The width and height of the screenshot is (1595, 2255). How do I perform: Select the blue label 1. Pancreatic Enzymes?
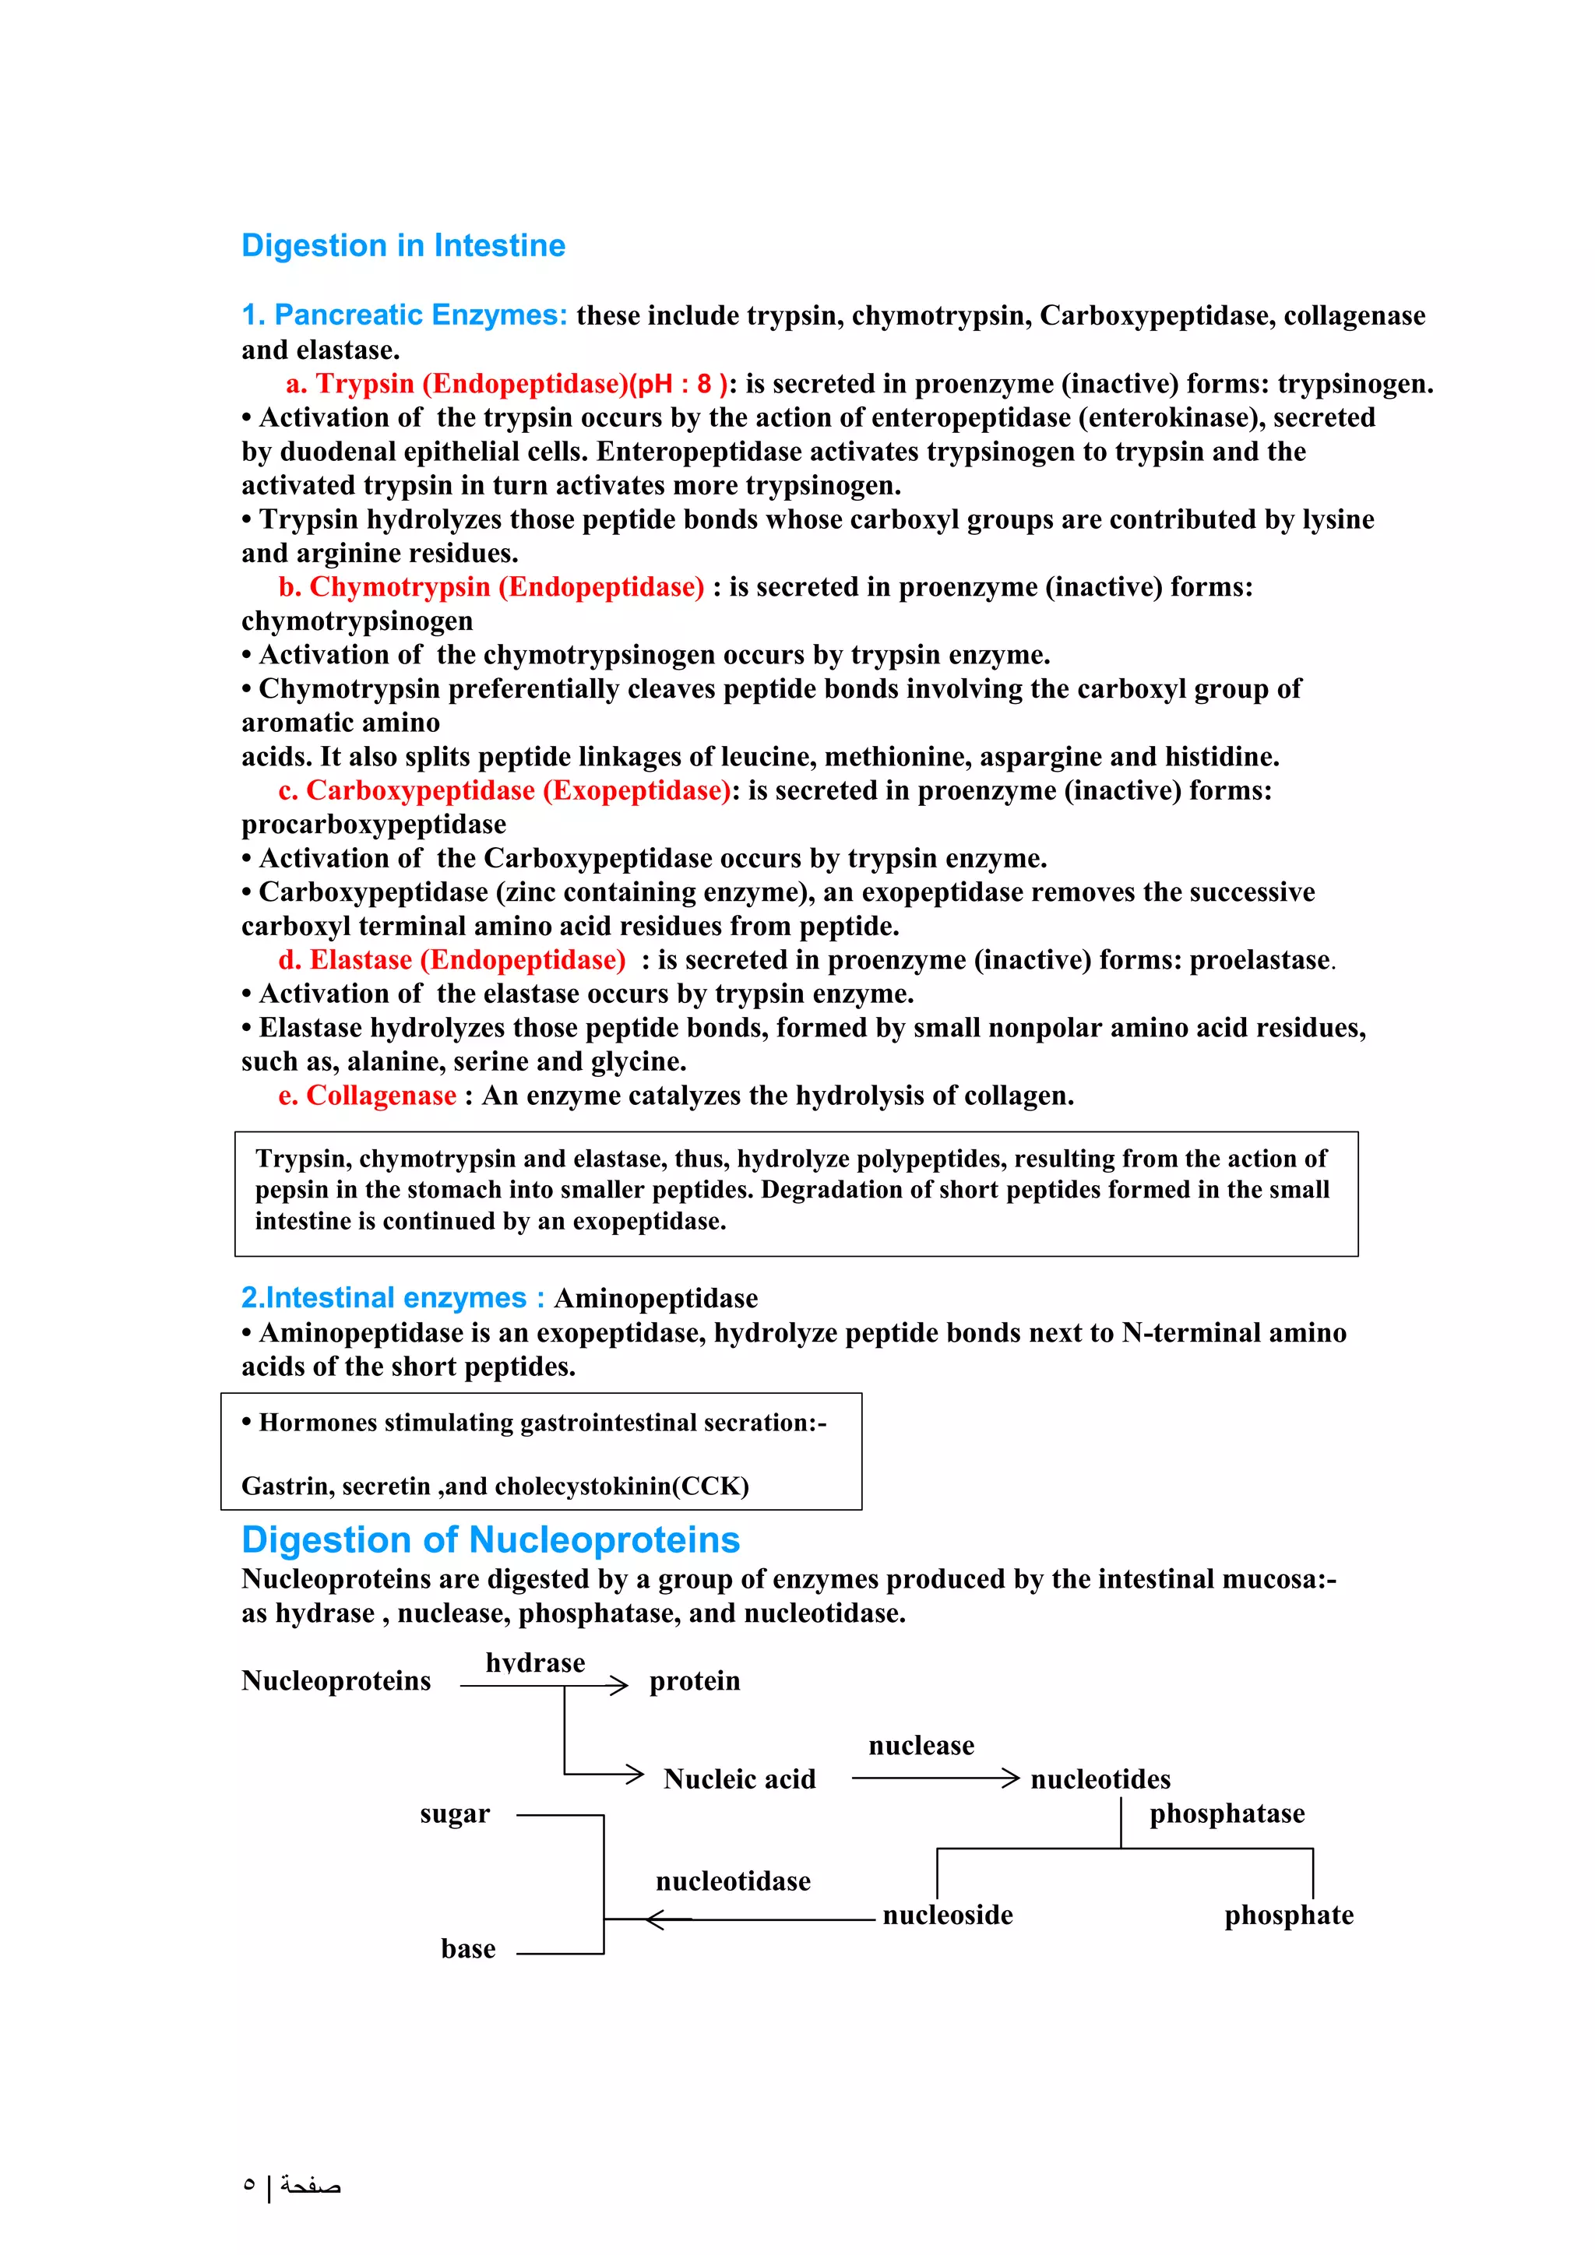[x=403, y=315]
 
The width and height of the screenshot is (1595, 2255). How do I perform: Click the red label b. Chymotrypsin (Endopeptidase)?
[x=491, y=587]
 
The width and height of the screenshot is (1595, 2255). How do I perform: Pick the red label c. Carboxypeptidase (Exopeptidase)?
[x=504, y=790]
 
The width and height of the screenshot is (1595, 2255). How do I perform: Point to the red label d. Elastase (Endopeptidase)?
[x=452, y=959]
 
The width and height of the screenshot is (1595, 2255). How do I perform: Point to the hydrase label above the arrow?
[x=534, y=1662]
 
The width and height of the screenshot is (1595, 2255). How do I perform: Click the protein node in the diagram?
[x=695, y=1681]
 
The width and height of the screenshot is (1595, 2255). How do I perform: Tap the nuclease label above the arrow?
[x=921, y=1745]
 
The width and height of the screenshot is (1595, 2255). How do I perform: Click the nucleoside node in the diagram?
[x=947, y=1916]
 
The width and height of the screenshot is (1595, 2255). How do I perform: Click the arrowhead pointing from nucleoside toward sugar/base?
[x=655, y=1919]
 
